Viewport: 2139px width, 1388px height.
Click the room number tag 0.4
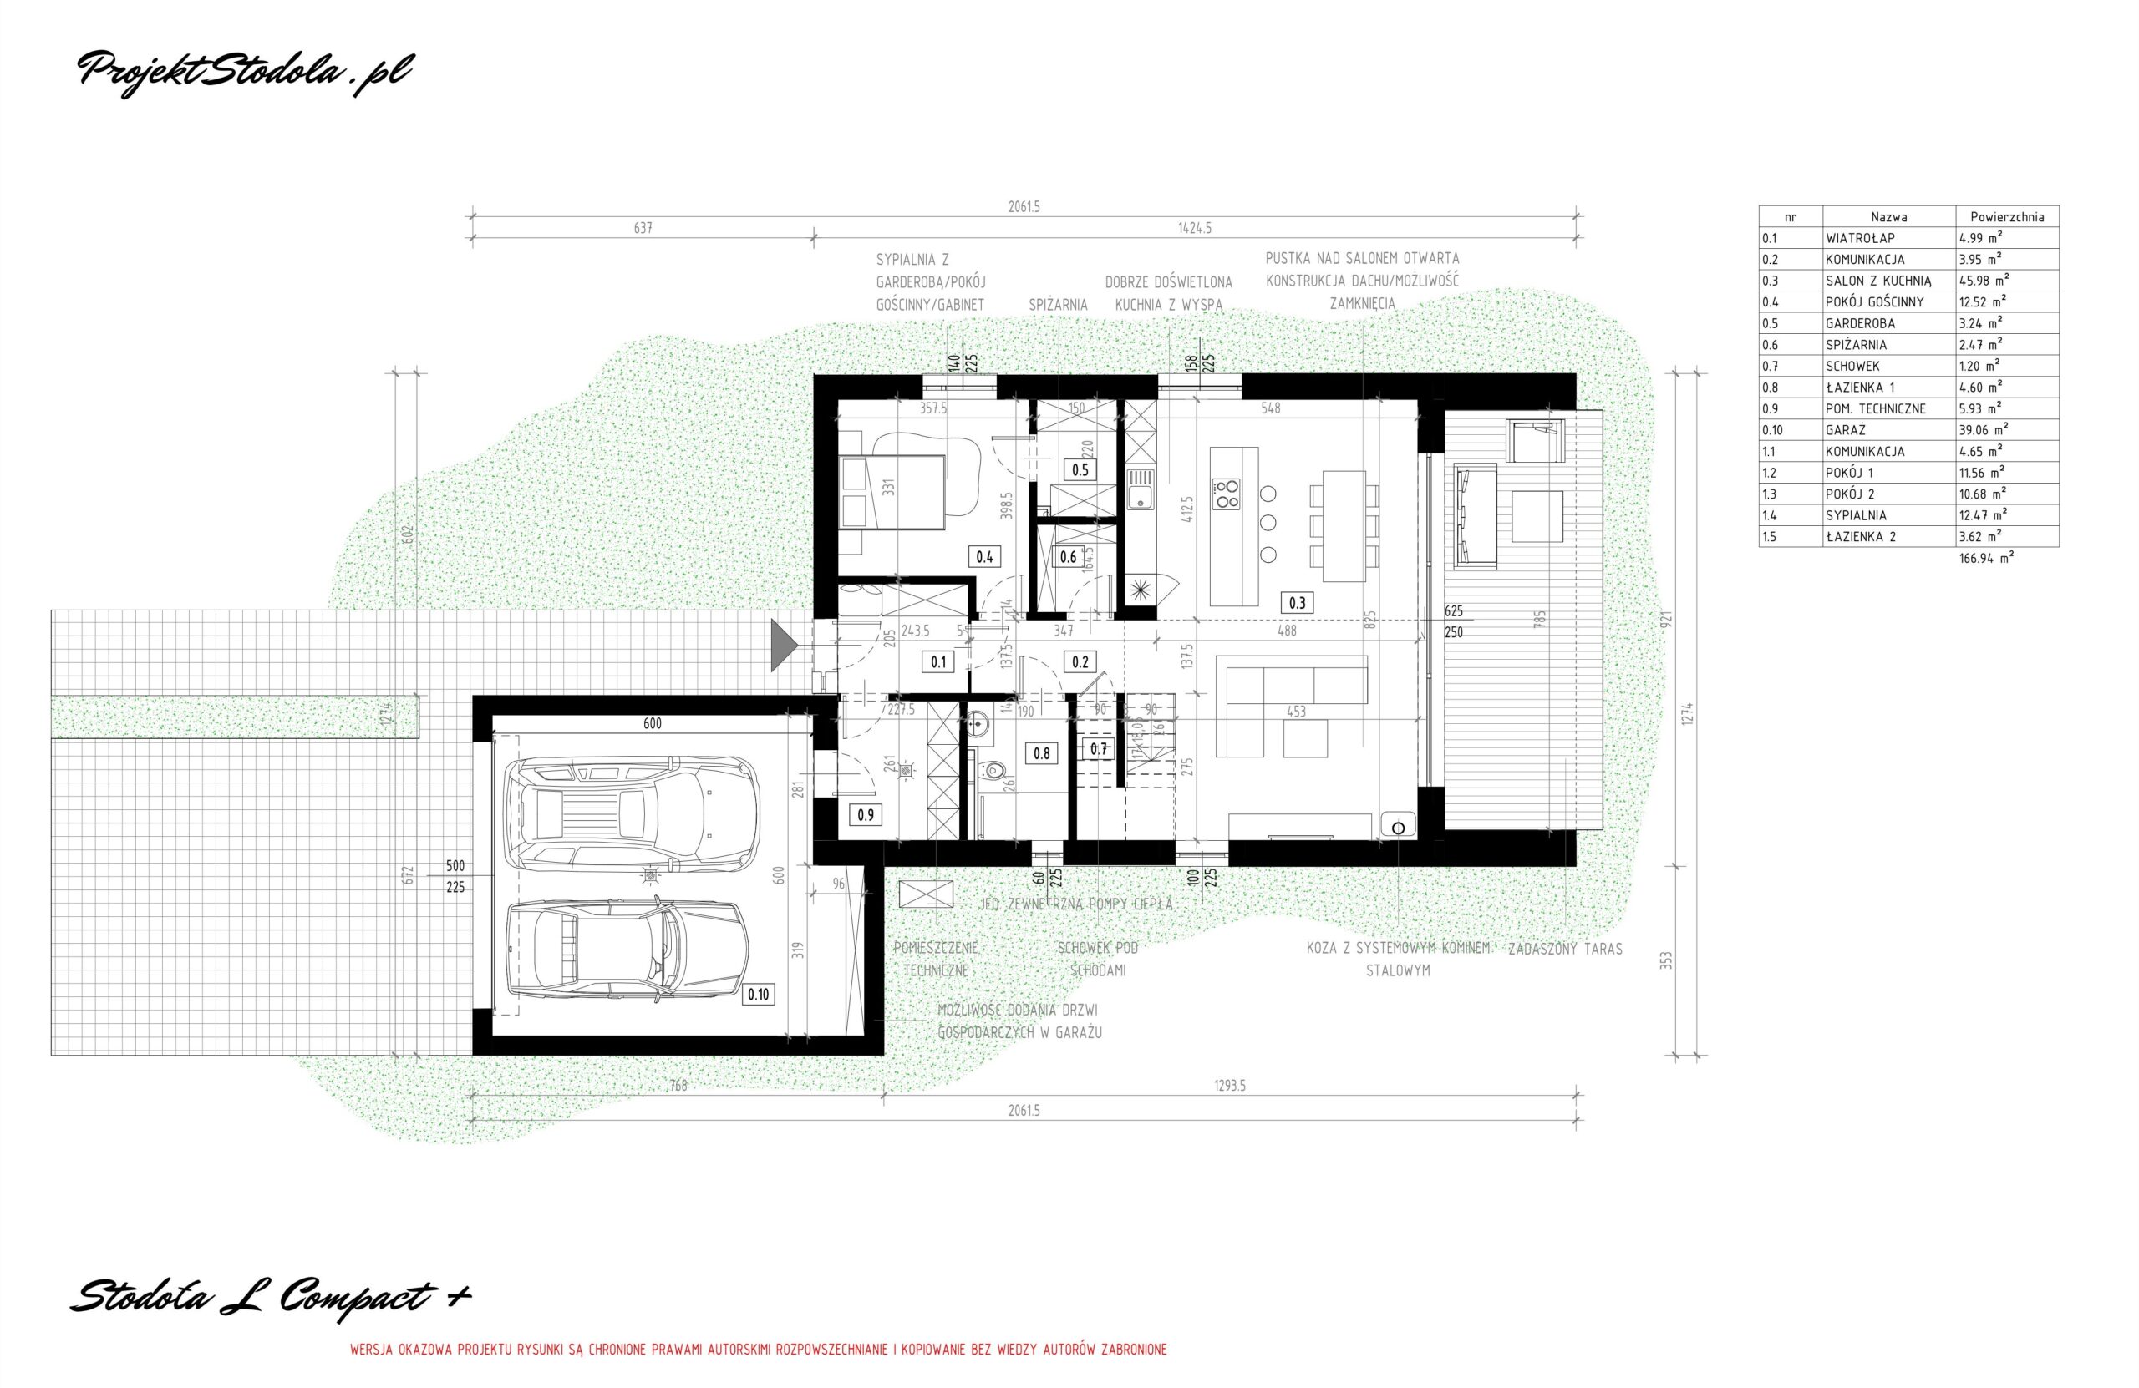[984, 556]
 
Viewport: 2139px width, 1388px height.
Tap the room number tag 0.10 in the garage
[758, 995]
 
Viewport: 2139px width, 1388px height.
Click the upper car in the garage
[632, 814]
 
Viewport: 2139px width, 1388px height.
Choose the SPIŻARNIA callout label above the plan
[1058, 306]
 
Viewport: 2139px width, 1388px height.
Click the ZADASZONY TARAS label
[1565, 950]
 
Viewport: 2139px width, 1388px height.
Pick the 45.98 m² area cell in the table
[1984, 281]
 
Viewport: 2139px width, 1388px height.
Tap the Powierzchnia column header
[2007, 216]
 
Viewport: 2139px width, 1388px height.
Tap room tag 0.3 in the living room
[1297, 603]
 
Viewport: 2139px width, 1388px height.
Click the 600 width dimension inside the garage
[652, 723]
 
